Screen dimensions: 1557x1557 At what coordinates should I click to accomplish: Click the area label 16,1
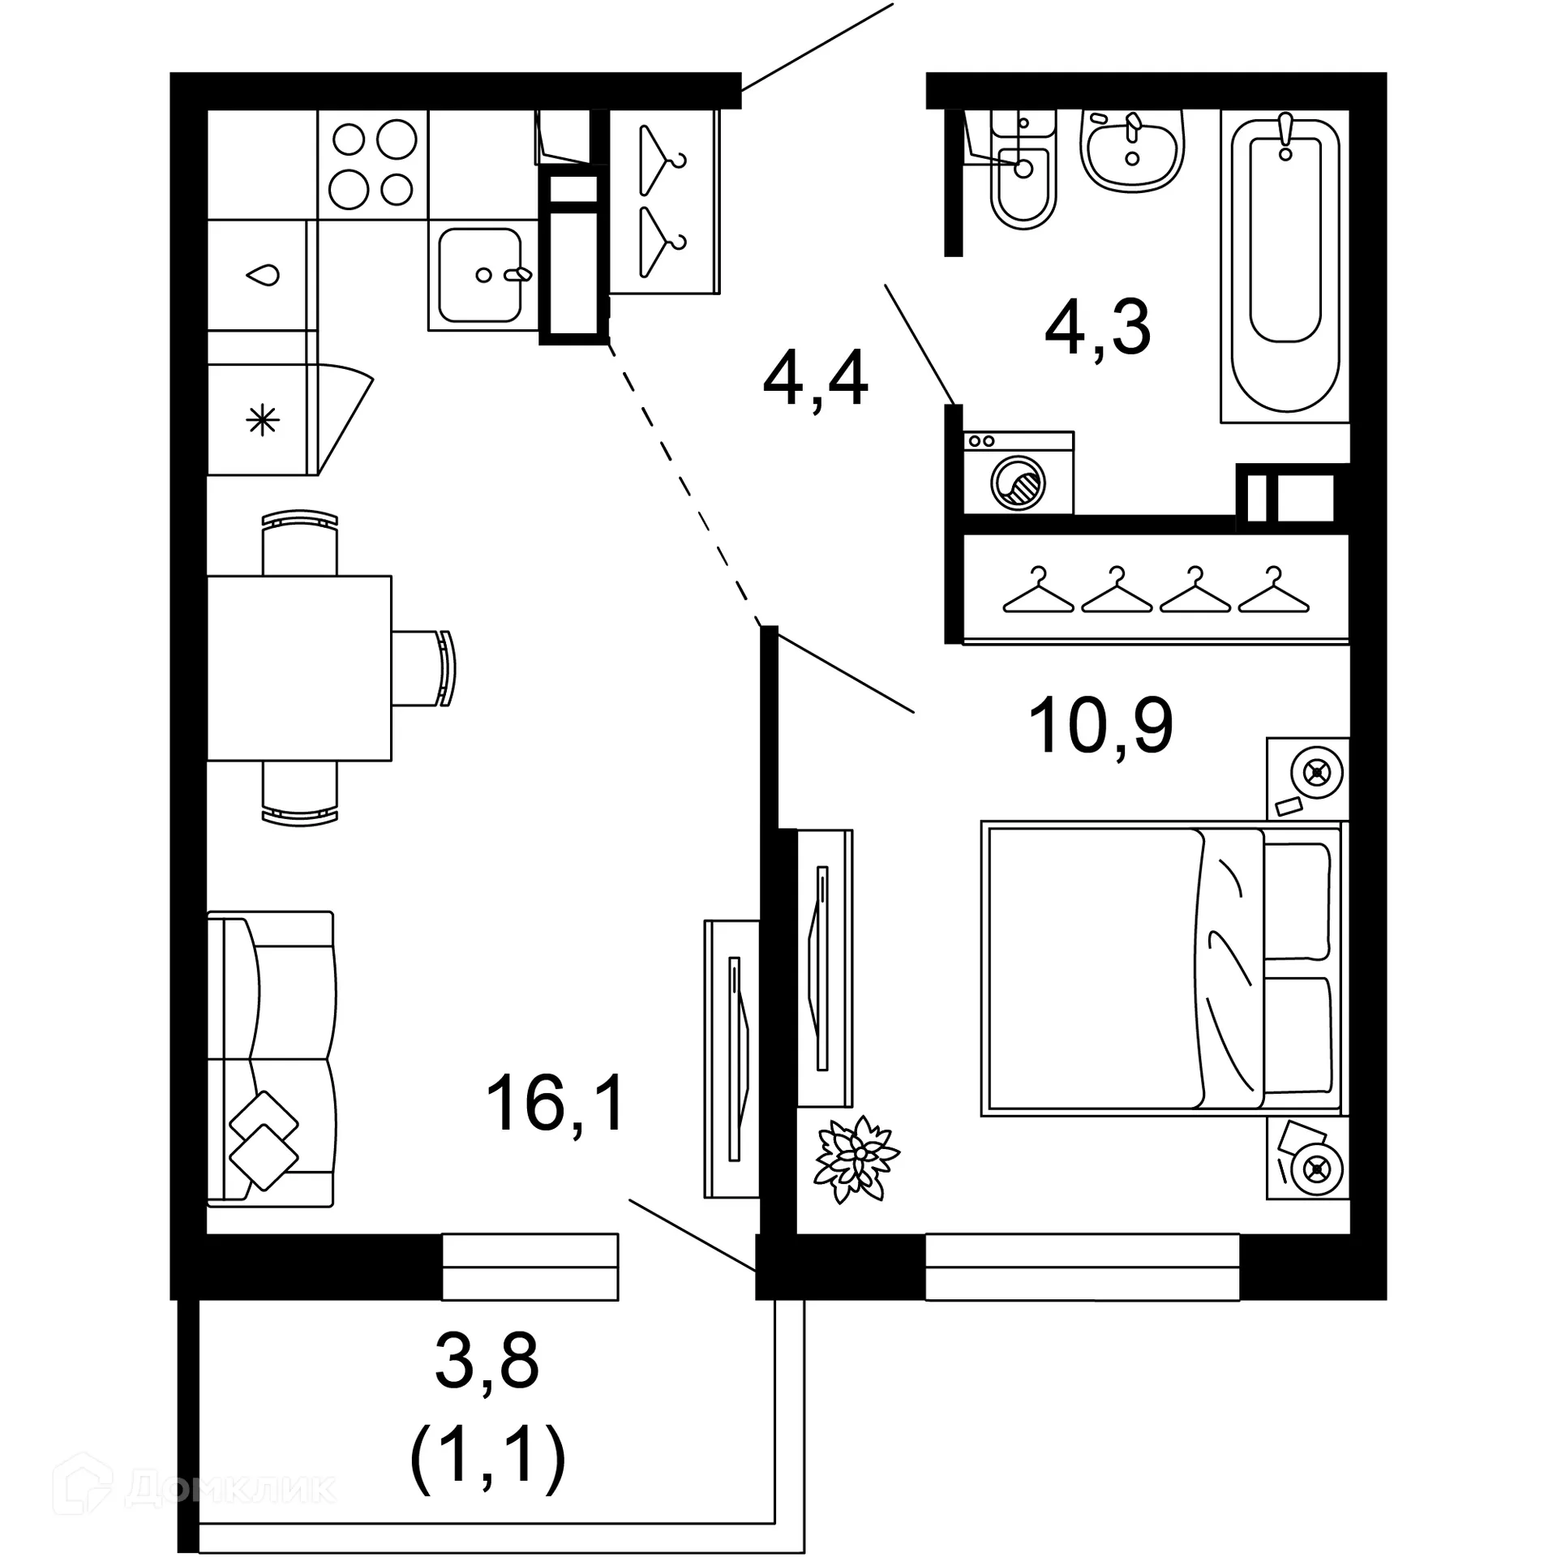pos(555,1103)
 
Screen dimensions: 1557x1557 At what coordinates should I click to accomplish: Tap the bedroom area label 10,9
pos(1100,727)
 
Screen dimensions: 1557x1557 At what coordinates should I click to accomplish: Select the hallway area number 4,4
pos(815,379)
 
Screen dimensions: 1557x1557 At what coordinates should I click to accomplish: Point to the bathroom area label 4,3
pos(1097,328)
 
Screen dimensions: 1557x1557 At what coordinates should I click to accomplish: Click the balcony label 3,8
pos(487,1362)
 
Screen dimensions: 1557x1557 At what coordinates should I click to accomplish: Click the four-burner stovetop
pos(372,164)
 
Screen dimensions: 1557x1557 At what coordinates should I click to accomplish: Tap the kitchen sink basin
pos(479,275)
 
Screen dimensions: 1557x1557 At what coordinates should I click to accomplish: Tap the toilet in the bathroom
pos(1023,182)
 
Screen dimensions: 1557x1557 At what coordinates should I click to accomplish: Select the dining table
pos(299,668)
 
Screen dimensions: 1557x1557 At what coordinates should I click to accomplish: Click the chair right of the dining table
pos(422,668)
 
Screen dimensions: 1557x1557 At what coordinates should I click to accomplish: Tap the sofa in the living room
pos(270,1059)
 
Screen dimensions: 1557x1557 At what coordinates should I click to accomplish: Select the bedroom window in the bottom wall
pos(1082,1267)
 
